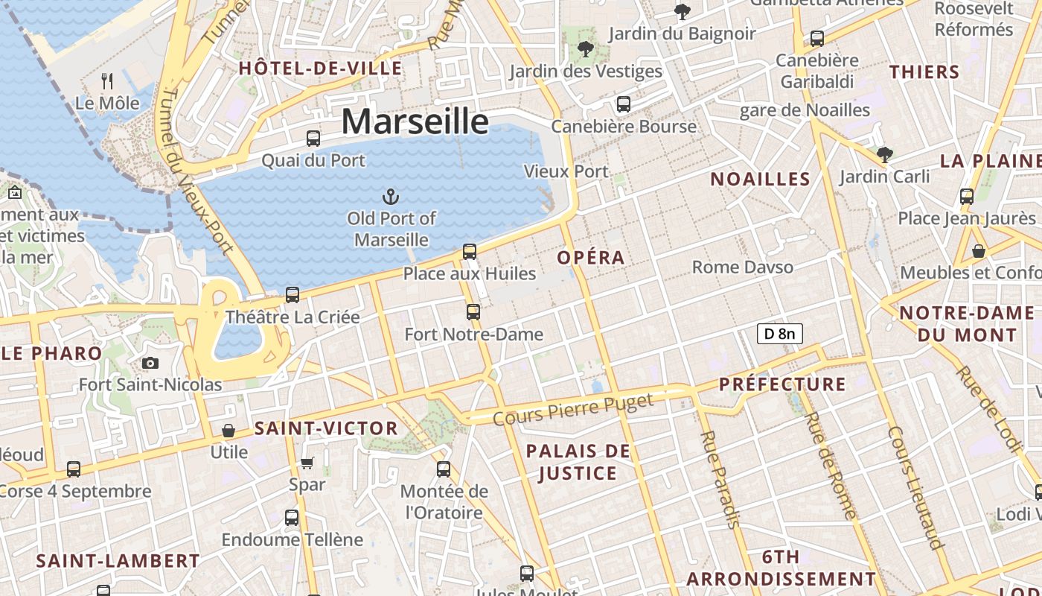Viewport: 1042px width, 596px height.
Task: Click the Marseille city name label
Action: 415,121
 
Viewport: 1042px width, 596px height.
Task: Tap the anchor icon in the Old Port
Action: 391,197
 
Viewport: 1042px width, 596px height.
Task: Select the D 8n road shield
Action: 780,334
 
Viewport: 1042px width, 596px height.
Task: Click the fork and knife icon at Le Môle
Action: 108,80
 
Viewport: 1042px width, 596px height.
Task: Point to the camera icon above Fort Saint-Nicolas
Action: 150,364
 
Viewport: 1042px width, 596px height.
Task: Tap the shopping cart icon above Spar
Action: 307,463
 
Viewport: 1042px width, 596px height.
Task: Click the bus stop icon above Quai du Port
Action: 313,139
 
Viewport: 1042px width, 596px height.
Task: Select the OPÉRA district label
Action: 591,258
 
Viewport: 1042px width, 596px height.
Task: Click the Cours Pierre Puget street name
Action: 572,410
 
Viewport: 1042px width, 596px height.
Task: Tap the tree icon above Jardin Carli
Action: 884,155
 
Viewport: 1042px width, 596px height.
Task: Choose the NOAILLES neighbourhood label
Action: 760,179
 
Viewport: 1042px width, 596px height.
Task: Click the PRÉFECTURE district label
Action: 782,384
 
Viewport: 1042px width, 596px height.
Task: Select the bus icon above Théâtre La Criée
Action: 293,295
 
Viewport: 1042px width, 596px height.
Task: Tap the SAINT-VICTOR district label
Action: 326,428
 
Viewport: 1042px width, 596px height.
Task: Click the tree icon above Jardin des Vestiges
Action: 586,50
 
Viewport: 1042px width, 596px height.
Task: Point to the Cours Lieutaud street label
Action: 915,487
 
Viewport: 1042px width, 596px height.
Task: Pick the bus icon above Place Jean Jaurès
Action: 966,197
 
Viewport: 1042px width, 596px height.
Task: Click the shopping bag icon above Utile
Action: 228,431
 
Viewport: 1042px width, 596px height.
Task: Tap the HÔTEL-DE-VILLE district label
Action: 320,69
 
